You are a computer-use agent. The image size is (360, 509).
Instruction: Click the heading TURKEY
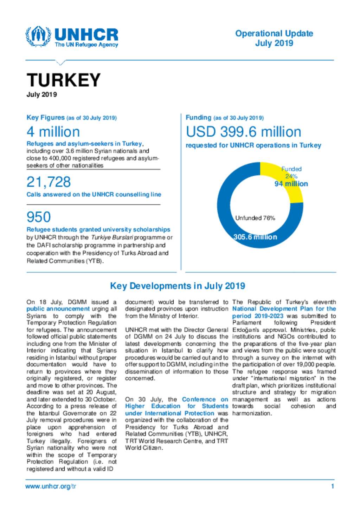point(64,80)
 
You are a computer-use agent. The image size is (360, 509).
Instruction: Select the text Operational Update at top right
point(274,34)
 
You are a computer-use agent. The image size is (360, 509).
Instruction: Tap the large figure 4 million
point(53,132)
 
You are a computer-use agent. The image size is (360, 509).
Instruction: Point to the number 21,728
point(49,182)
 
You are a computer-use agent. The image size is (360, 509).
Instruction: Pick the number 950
point(39,217)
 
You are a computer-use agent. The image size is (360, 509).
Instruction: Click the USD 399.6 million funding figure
point(243,132)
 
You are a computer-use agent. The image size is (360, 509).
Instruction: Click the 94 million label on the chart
point(291,184)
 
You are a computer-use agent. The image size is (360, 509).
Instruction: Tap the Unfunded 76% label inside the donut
point(255,218)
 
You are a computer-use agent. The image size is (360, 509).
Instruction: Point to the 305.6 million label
point(255,237)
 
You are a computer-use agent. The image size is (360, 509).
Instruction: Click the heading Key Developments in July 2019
point(178,286)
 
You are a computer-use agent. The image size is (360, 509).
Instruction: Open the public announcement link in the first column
point(58,309)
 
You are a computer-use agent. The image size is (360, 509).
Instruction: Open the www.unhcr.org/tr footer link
point(51,487)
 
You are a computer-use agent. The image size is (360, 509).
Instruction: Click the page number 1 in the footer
point(333,487)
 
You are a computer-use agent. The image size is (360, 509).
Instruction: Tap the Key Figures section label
point(46,118)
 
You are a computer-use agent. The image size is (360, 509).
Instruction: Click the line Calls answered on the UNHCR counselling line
point(94,195)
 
